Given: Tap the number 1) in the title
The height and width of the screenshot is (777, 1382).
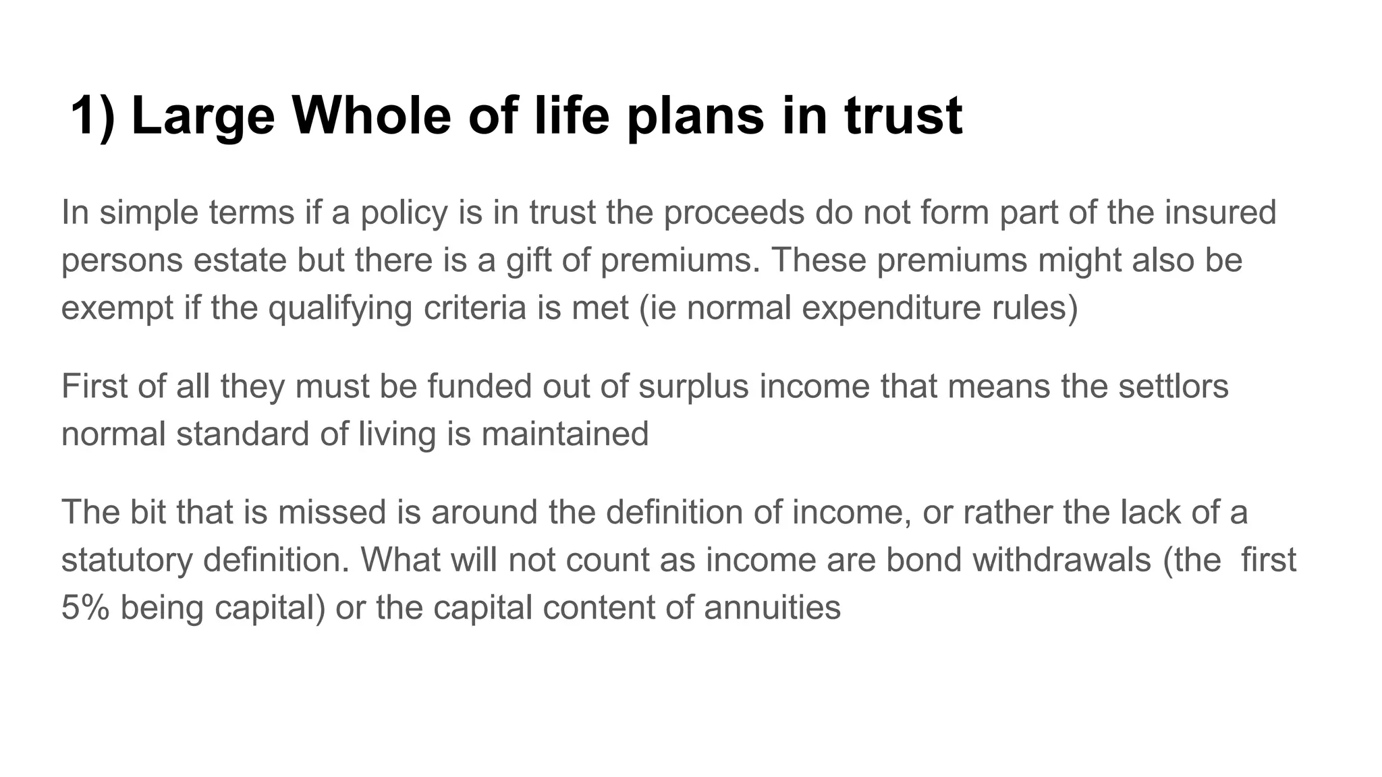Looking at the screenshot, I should tap(93, 115).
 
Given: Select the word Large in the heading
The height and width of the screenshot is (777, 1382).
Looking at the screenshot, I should tap(203, 115).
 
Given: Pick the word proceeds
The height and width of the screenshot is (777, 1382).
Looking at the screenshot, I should tap(734, 213).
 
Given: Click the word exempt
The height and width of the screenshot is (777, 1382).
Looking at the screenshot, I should tap(117, 308).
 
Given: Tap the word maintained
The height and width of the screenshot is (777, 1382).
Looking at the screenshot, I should tap(565, 434).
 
